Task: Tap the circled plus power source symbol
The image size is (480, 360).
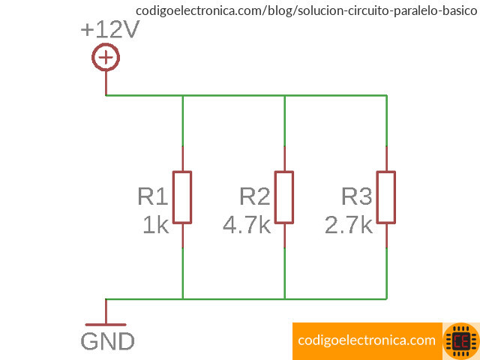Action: (106, 58)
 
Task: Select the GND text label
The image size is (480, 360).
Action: (107, 342)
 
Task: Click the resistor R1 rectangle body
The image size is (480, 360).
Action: (182, 197)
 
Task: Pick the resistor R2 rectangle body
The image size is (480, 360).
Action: (284, 197)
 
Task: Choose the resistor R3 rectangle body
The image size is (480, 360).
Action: (386, 197)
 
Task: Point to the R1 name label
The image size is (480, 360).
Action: (152, 196)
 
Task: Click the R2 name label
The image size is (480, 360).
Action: (254, 196)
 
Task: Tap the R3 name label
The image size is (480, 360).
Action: (356, 196)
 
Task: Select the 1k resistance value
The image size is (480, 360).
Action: (156, 225)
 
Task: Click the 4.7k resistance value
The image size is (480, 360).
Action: (246, 225)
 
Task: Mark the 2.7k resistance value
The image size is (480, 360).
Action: (348, 225)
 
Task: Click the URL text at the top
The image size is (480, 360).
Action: (305, 11)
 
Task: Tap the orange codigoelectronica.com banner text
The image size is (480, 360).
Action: (366, 340)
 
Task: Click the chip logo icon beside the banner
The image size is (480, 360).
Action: (460, 340)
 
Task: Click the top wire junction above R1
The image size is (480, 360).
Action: (182, 95)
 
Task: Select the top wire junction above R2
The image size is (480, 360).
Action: (284, 95)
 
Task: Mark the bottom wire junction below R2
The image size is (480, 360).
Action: (284, 298)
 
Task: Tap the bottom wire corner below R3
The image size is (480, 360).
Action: (386, 298)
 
